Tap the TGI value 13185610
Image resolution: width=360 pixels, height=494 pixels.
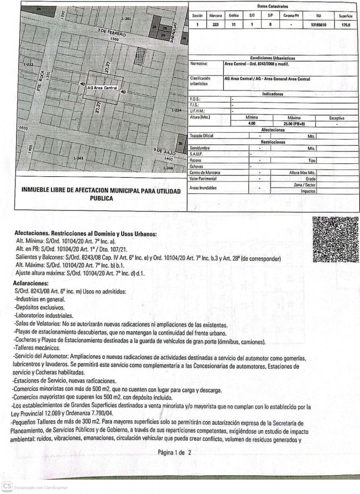317,24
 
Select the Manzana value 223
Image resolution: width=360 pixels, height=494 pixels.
215,24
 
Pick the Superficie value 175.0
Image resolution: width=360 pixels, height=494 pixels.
345,24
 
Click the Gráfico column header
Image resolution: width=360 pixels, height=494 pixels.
234,16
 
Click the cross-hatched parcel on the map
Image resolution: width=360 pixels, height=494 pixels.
139,56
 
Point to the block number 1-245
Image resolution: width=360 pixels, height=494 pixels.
79,158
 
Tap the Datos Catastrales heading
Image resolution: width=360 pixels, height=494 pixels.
273,6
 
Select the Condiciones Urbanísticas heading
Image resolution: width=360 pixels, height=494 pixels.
273,58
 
